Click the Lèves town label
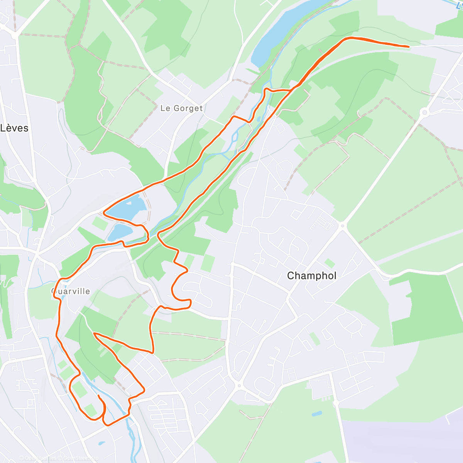click(14, 128)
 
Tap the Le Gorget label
click(181, 108)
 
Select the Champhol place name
click(312, 276)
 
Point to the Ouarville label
click(71, 291)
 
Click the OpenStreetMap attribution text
click(81, 458)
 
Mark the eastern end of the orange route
click(408, 46)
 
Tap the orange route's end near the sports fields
click(99, 396)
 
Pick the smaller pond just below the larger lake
click(120, 231)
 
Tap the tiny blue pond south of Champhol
click(317, 414)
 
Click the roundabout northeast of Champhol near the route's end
click(425, 112)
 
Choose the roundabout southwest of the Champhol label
click(238, 385)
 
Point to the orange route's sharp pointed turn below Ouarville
click(94, 334)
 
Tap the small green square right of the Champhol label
click(330, 263)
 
